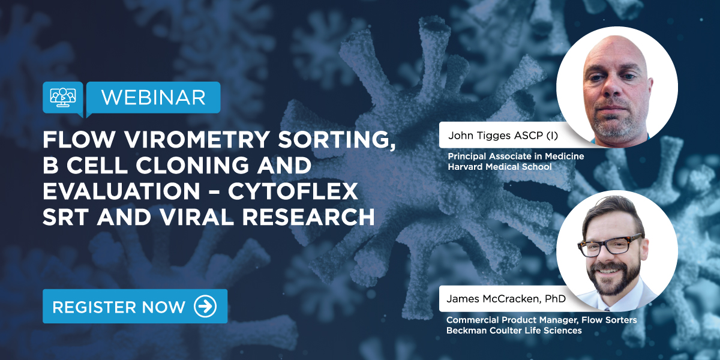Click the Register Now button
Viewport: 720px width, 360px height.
134,307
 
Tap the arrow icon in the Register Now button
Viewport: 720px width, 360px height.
205,307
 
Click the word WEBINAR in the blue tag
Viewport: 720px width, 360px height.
153,97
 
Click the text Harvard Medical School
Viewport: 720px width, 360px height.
499,167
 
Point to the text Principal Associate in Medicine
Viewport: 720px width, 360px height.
515,157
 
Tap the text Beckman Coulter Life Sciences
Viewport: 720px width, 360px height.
514,331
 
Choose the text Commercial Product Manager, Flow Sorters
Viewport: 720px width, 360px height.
541,320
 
